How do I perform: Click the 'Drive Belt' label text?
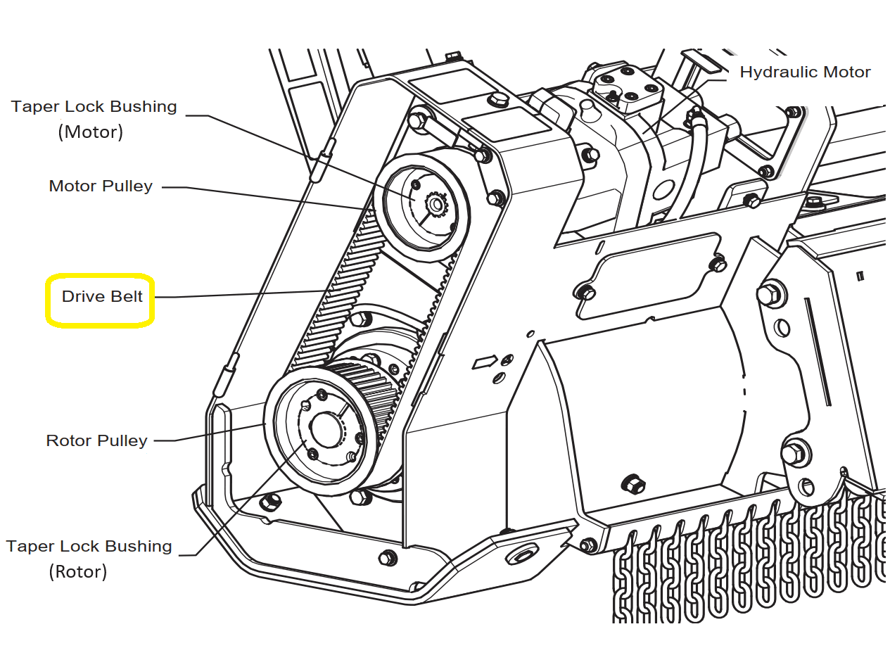pos(102,297)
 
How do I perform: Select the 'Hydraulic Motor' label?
pos(805,72)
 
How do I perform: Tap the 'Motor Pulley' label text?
pos(101,186)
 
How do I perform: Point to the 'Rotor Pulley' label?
pos(96,441)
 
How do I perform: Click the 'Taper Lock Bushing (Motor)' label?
pos(94,119)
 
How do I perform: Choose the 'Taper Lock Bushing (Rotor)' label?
pos(89,559)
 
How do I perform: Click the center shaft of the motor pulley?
pos(435,205)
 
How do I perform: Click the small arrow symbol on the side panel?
pos(484,362)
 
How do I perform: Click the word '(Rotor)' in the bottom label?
pos(78,571)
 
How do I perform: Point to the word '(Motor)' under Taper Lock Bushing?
pos(90,132)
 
